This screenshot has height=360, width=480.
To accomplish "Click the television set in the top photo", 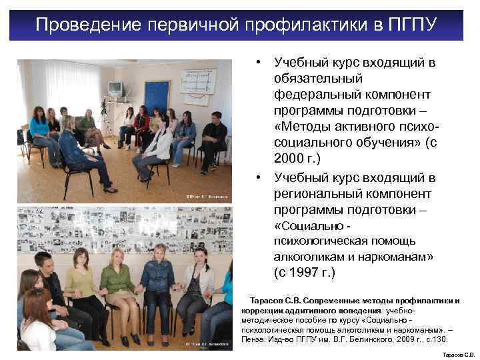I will (x=115, y=89).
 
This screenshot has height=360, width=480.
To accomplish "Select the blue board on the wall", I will (x=157, y=96).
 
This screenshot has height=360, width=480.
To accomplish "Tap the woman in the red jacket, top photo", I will (x=141, y=127).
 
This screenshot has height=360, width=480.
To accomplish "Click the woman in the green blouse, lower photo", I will (x=120, y=283).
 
